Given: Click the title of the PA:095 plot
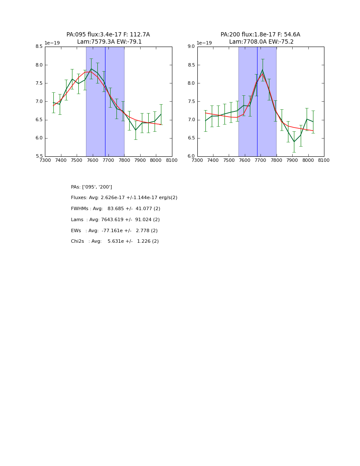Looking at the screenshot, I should (x=108, y=38).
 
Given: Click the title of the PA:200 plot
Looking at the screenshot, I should (x=260, y=38).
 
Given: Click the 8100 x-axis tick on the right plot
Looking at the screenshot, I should (x=324, y=161).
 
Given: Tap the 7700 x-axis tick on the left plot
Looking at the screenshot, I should (x=108, y=161).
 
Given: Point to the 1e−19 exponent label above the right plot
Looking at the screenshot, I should (x=205, y=43).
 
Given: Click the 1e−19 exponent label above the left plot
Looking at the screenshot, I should (x=52, y=43).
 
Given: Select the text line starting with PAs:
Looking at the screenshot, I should (x=91, y=187).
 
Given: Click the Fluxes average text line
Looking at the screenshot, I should (x=124, y=198).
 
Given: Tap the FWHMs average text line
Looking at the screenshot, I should (x=116, y=209).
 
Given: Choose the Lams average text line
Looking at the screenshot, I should (x=115, y=220).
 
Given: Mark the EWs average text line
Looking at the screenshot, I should (x=114, y=231).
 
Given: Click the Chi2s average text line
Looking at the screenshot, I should (x=115, y=241).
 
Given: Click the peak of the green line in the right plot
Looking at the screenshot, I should (x=262, y=69).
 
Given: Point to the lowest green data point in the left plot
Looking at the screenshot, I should (x=136, y=130).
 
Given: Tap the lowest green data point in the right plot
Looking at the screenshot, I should (x=294, y=141).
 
